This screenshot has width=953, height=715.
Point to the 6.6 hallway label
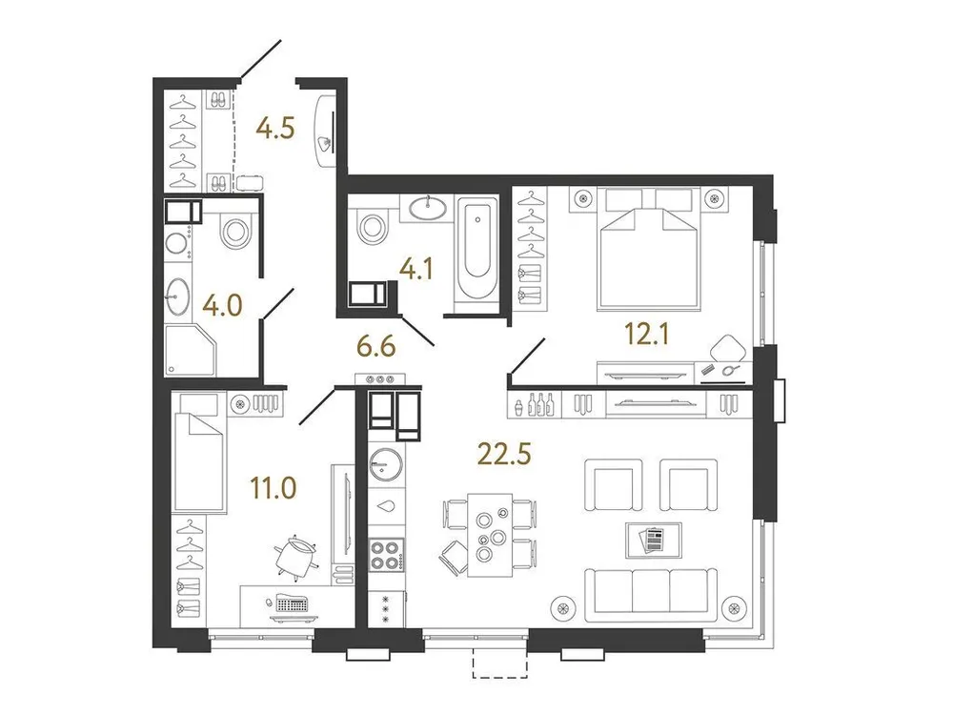375,346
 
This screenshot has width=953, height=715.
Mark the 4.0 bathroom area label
222,306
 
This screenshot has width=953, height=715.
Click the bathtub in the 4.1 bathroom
475,251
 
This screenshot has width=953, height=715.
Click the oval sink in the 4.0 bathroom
178,296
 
